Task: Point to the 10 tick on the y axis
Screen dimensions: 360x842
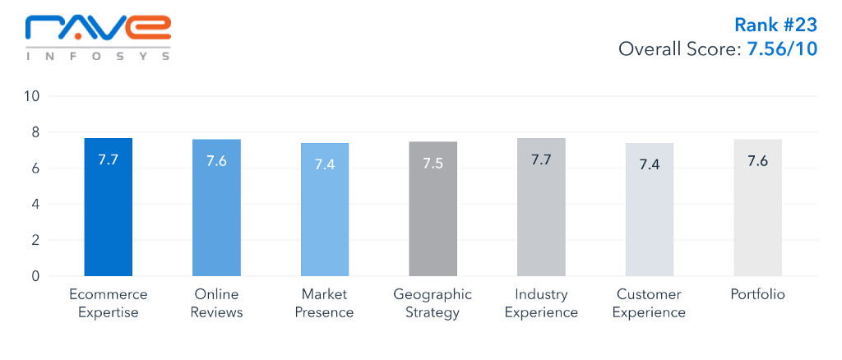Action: (x=32, y=96)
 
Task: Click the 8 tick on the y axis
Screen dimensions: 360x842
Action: (x=35, y=132)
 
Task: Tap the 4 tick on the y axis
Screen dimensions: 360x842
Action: (x=35, y=205)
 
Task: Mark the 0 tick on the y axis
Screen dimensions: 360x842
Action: (x=35, y=277)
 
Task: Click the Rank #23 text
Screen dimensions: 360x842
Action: (x=775, y=25)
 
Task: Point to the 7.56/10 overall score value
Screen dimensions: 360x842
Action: (x=781, y=49)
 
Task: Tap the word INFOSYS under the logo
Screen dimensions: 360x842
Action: (x=98, y=57)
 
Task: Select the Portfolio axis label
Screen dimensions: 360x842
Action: (x=757, y=294)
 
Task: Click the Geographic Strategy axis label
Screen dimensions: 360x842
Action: (x=433, y=303)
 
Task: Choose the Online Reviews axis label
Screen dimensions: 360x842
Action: (x=216, y=303)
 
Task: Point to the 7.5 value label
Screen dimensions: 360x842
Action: (x=433, y=163)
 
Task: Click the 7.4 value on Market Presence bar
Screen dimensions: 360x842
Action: (x=325, y=164)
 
